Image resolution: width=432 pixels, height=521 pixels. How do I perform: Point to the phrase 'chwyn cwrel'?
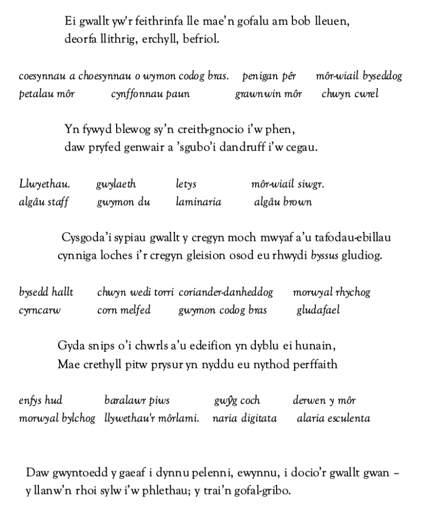pyautogui.click(x=350, y=94)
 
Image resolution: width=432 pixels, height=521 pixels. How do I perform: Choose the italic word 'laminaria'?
pyautogui.click(x=198, y=202)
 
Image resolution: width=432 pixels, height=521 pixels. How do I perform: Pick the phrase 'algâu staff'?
pyautogui.click(x=44, y=202)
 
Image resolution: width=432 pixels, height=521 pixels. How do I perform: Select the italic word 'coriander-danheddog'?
pyautogui.click(x=226, y=292)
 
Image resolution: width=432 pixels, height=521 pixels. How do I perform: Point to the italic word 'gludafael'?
pyautogui.click(x=318, y=310)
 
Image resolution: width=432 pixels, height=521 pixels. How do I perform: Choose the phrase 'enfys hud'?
pyautogui.click(x=40, y=400)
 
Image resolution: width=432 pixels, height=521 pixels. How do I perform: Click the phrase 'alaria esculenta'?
pyautogui.click(x=333, y=419)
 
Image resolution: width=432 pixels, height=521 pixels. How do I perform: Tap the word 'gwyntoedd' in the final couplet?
pyautogui.click(x=76, y=473)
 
